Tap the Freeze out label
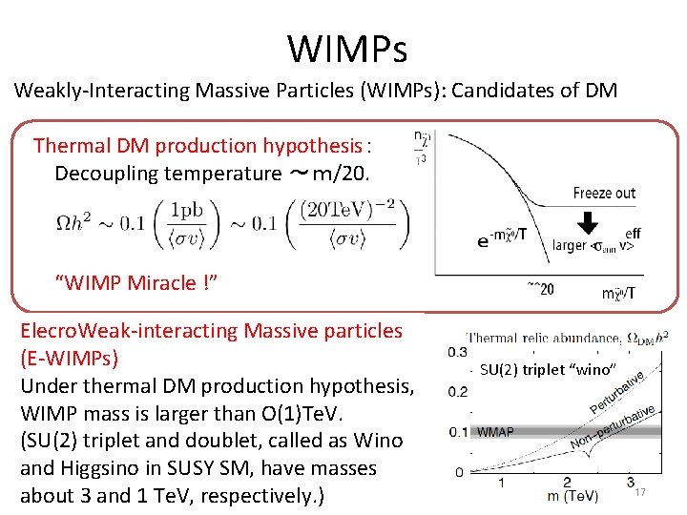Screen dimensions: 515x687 coord(604,194)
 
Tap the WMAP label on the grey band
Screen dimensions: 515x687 coord(495,432)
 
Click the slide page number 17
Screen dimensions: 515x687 coord(640,492)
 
